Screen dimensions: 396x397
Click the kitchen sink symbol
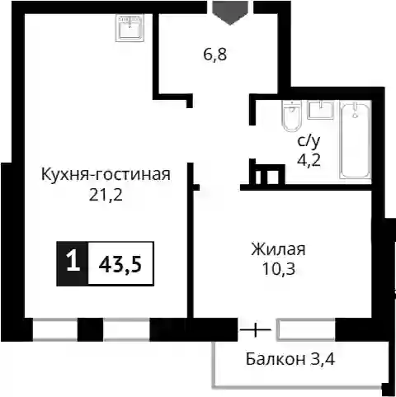pyautogui.click(x=130, y=28)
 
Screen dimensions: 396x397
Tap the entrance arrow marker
pyautogui.click(x=230, y=13)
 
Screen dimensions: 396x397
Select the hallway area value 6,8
pyautogui.click(x=215, y=54)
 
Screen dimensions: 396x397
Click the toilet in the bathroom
pyautogui.click(x=292, y=116)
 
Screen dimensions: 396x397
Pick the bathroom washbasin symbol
pyautogui.click(x=321, y=110)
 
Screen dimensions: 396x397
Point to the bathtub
pyautogui.click(x=356, y=139)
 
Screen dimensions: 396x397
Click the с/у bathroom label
pyautogui.click(x=309, y=142)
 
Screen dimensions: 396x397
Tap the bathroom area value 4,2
pyautogui.click(x=309, y=160)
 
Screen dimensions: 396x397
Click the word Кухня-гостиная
pyautogui.click(x=106, y=174)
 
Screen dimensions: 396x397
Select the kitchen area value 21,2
pyautogui.click(x=106, y=195)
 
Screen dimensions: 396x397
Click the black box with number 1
pyautogui.click(x=73, y=263)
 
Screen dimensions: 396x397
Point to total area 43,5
pyautogui.click(x=120, y=265)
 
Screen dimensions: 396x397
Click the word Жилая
pyautogui.click(x=278, y=249)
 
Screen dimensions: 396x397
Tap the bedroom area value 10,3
pyautogui.click(x=279, y=269)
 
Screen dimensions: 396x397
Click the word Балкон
pyautogui.click(x=276, y=359)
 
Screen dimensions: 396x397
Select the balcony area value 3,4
pyautogui.click(x=323, y=359)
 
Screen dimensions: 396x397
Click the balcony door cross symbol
pyautogui.click(x=256, y=329)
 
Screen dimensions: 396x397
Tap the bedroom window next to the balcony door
pyautogui.click(x=306, y=329)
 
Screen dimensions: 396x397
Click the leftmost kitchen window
pyautogui.click(x=55, y=329)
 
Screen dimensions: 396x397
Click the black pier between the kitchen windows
pyautogui.click(x=90, y=329)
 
